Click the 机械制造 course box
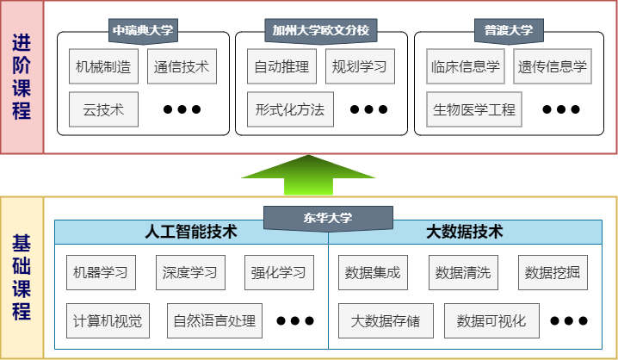(x=104, y=66)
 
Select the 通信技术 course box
(x=182, y=66)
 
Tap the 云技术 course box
(x=104, y=109)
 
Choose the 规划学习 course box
(x=360, y=66)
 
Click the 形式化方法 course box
(x=290, y=109)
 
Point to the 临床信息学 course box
(x=464, y=66)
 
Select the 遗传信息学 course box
(x=552, y=66)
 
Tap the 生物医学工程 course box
(x=474, y=109)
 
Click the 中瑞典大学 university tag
(x=143, y=31)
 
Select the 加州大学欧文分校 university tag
(x=320, y=31)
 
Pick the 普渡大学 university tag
(x=504, y=31)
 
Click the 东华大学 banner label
(x=327, y=218)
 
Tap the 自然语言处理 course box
(x=214, y=321)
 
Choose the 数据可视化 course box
(x=491, y=321)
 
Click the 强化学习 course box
(x=279, y=273)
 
